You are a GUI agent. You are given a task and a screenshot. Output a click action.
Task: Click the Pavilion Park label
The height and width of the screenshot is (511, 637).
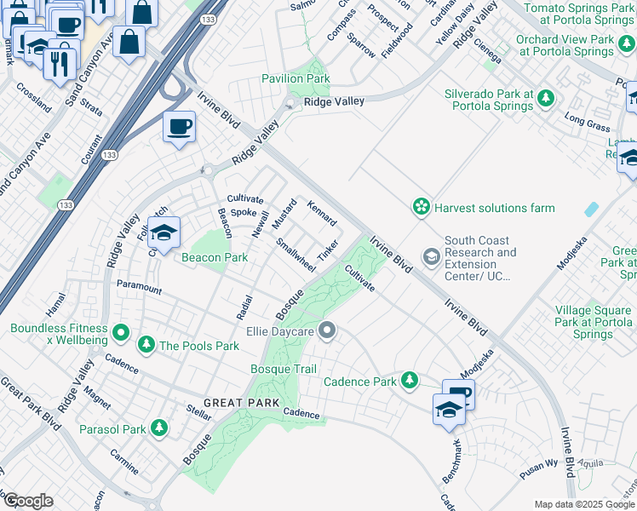[x=296, y=79]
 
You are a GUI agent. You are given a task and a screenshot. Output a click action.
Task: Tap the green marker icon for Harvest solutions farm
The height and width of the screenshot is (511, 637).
[x=421, y=207]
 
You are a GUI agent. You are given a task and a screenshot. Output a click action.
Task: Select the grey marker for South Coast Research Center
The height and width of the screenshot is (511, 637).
[x=433, y=256]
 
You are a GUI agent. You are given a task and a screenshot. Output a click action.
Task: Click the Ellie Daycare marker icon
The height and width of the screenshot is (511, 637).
[x=326, y=330]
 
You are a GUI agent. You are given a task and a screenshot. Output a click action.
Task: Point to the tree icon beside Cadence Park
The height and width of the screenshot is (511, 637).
[x=410, y=380]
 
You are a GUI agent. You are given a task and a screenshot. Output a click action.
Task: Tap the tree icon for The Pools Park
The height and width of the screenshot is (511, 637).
[x=146, y=345]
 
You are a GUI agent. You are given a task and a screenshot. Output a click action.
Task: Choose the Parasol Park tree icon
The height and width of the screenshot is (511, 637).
[x=158, y=428]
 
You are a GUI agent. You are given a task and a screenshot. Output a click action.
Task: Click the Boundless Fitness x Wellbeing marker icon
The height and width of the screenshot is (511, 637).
[x=121, y=332]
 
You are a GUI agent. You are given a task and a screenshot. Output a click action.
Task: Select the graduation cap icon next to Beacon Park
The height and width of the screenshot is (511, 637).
[x=164, y=232]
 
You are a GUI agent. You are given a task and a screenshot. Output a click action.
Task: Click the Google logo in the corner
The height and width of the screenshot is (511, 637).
[x=28, y=501]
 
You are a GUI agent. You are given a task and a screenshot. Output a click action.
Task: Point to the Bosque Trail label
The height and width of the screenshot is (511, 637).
[x=284, y=369]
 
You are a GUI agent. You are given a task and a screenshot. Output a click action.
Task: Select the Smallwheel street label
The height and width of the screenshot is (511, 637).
[x=296, y=255]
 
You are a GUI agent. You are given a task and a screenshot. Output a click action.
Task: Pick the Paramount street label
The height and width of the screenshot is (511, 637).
[x=139, y=288]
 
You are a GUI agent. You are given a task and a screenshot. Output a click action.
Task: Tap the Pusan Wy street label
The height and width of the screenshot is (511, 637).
[x=539, y=467]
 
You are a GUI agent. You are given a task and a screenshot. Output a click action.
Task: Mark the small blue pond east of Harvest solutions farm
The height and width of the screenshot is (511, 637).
[x=591, y=209]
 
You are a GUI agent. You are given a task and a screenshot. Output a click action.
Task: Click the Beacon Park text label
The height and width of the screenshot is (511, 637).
[x=213, y=256]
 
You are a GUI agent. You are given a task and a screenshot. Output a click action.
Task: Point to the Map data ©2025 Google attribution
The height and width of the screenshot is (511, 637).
[x=583, y=504]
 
